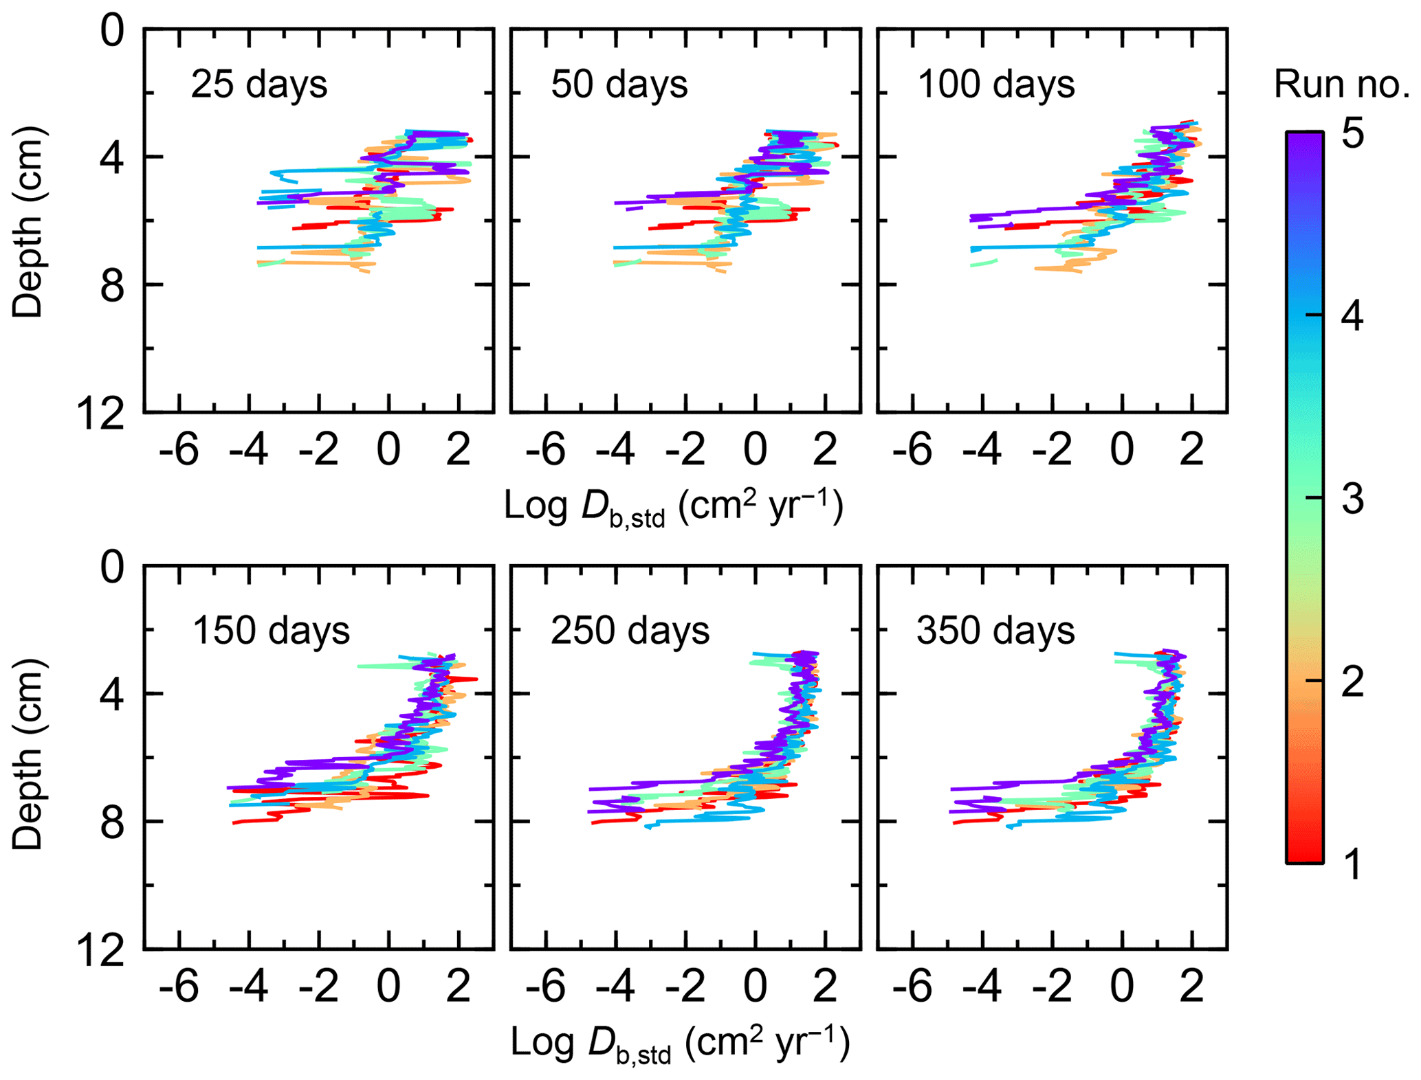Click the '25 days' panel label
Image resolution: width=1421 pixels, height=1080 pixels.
[x=259, y=85]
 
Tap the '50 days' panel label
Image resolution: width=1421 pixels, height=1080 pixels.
[x=619, y=85]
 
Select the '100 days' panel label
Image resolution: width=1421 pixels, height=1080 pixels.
[x=995, y=85]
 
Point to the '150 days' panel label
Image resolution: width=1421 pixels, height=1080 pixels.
[x=271, y=631]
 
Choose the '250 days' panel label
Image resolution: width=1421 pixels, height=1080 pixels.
[x=630, y=631]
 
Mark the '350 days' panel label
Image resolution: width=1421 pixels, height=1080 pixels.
[x=995, y=631]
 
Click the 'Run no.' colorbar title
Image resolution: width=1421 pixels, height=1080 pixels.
[x=1341, y=85]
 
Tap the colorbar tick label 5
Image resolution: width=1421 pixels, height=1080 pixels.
[x=1352, y=134]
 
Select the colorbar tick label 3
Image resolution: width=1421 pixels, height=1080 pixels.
[x=1352, y=499]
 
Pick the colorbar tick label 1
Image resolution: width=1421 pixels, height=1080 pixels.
[x=1352, y=864]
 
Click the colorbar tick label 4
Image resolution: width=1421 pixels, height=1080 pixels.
[x=1352, y=317]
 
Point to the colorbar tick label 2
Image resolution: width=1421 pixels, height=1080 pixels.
[x=1352, y=682]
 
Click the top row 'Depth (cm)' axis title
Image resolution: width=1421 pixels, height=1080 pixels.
[x=27, y=221]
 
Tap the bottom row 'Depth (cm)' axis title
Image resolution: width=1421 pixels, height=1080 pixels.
[x=27, y=754]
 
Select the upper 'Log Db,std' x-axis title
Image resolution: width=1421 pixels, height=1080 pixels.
[x=673, y=508]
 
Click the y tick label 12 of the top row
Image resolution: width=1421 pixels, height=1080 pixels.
[x=102, y=414]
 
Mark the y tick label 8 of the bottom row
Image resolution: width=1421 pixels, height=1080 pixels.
[x=112, y=822]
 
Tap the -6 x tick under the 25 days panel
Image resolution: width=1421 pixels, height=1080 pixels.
[x=179, y=450]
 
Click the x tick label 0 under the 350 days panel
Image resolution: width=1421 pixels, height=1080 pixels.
[x=1122, y=987]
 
